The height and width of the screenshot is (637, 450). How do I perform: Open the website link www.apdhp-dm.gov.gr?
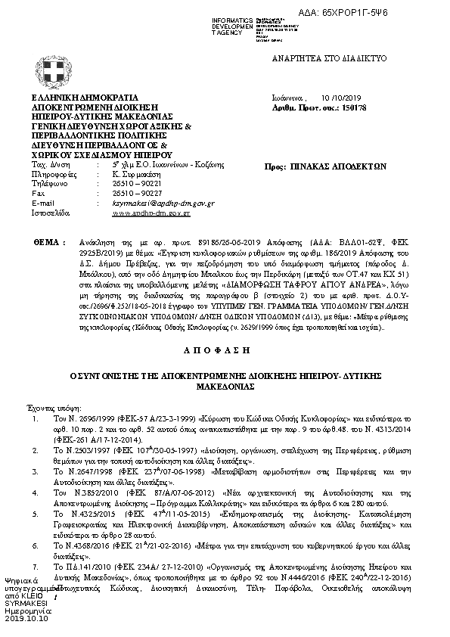click(151, 214)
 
